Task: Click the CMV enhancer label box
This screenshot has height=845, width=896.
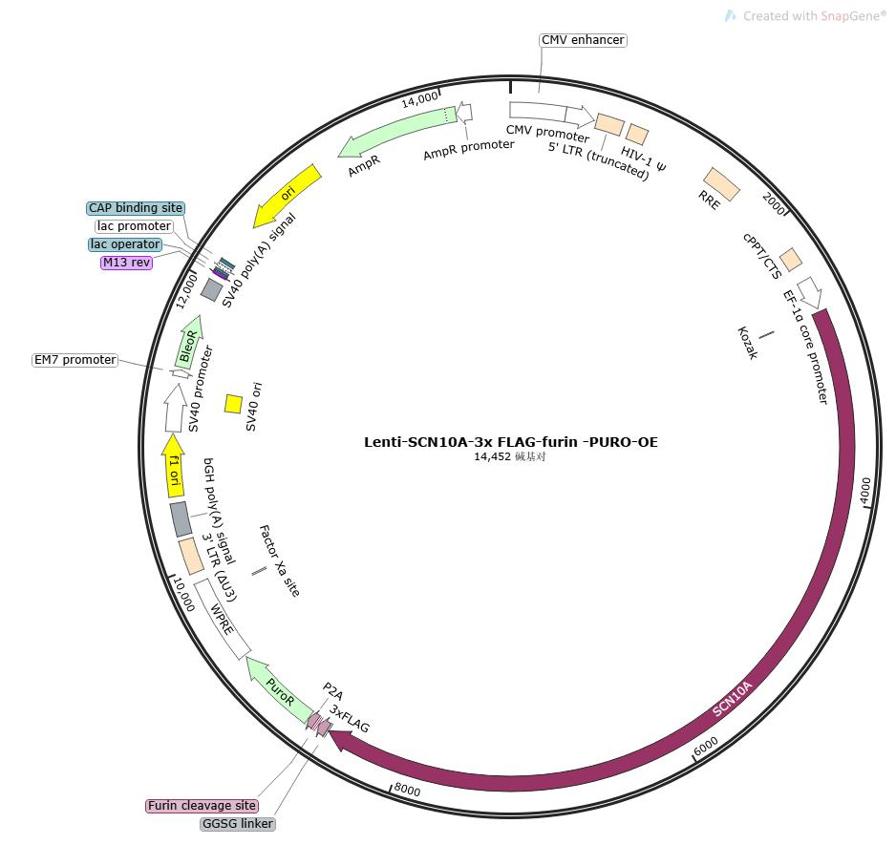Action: click(583, 40)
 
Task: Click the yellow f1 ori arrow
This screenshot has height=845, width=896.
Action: click(173, 466)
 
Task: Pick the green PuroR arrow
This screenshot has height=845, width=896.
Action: click(279, 687)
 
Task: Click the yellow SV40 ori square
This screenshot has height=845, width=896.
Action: click(233, 404)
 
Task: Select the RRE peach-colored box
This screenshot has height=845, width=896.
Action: click(721, 184)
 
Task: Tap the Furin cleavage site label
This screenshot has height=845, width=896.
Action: click(202, 806)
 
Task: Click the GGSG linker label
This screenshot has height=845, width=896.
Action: click(238, 824)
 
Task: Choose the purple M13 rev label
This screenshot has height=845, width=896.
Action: click(126, 263)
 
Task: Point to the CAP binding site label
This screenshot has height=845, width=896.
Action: click(135, 208)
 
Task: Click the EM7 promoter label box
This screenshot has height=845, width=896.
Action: click(75, 360)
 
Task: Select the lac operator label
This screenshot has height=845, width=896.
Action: click(126, 244)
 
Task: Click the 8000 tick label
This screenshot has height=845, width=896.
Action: click(407, 790)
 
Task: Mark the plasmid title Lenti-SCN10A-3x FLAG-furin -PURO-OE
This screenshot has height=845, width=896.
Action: click(510, 442)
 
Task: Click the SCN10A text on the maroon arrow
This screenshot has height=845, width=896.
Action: click(733, 699)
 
